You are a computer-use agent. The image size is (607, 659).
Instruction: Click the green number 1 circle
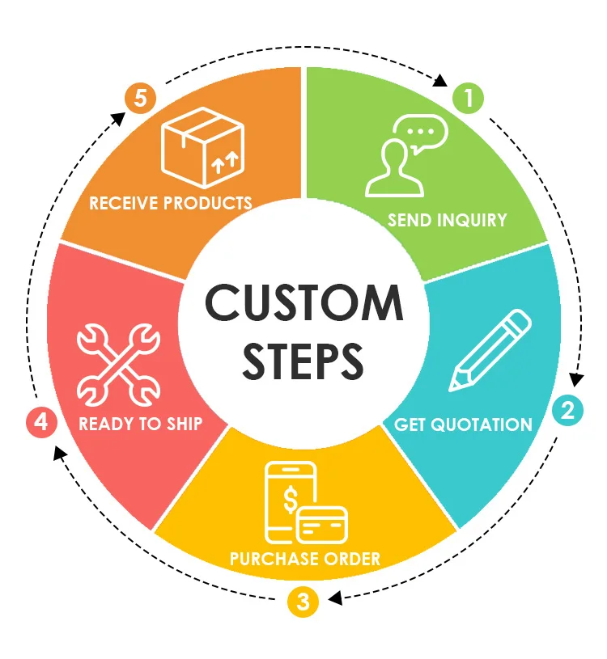(x=468, y=99)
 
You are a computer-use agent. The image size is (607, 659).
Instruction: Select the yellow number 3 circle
(x=303, y=602)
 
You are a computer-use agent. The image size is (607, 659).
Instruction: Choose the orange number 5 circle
(x=142, y=99)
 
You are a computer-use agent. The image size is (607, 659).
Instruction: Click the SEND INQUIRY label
(x=447, y=220)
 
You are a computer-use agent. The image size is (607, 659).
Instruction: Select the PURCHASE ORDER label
(x=304, y=559)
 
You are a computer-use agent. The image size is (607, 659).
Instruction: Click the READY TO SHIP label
(x=140, y=424)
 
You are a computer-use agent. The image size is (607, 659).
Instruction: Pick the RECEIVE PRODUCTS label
(x=170, y=202)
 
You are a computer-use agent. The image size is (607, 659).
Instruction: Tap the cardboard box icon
(x=202, y=145)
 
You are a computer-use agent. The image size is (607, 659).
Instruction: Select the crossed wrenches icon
(x=118, y=364)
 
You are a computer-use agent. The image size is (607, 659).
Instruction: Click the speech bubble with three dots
(x=419, y=131)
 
